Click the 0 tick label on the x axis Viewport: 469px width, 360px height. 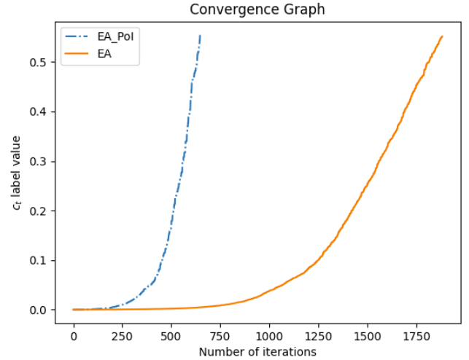[74, 337]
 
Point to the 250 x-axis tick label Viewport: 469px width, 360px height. [123, 337]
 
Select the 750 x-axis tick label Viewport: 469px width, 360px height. [220, 337]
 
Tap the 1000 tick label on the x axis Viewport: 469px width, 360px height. [269, 337]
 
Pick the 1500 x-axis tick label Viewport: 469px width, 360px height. [367, 337]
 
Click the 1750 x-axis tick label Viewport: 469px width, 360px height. [416, 337]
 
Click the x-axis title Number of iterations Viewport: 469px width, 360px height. [257, 352]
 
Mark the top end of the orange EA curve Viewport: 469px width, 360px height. [442, 36]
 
